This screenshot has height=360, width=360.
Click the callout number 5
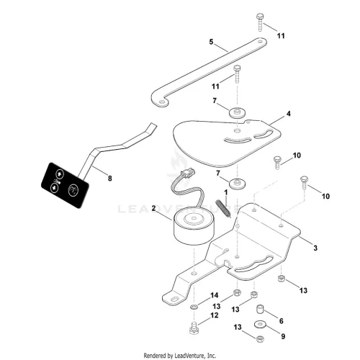pyautogui.click(x=211, y=42)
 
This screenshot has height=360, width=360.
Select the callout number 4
pyautogui.click(x=289, y=114)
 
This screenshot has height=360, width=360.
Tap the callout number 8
pyautogui.click(x=109, y=179)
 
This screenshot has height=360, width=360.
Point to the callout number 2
pyautogui.click(x=153, y=208)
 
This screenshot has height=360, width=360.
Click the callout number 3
pyautogui.click(x=315, y=248)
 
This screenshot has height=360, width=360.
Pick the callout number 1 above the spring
pyautogui.click(x=225, y=192)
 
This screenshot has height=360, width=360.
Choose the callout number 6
pyautogui.click(x=282, y=320)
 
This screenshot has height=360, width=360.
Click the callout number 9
pyautogui.click(x=283, y=336)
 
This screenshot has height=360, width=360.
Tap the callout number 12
pyautogui.click(x=215, y=315)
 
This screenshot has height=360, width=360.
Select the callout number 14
pyautogui.click(x=215, y=295)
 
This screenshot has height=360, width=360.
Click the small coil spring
pyautogui.click(x=223, y=208)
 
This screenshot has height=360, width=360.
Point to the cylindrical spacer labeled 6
pyautogui.click(x=260, y=309)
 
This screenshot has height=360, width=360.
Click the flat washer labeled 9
pyautogui.click(x=260, y=325)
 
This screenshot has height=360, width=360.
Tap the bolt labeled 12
pyautogui.click(x=194, y=328)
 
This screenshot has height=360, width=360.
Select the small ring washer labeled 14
pyautogui.click(x=194, y=307)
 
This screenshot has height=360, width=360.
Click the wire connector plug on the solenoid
pyautogui.click(x=188, y=174)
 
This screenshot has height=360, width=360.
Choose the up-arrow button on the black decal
pyautogui.click(x=60, y=174)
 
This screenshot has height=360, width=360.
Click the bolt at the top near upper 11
pyautogui.click(x=260, y=22)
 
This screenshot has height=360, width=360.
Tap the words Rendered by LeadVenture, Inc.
pyautogui.click(x=180, y=355)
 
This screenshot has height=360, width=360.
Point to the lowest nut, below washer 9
pyautogui.click(x=259, y=339)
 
